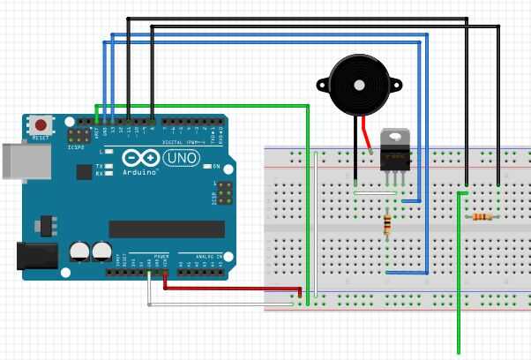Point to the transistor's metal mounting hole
(394, 136)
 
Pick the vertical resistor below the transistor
(387, 225)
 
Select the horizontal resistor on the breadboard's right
(482, 216)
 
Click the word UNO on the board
(183, 157)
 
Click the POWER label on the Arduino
(161, 257)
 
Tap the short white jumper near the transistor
(374, 191)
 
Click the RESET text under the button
(41, 139)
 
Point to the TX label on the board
(100, 166)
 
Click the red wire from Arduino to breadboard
(229, 287)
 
